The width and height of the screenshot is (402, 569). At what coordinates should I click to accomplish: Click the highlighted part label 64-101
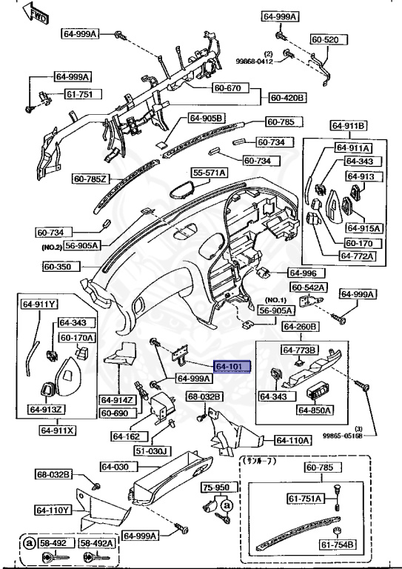click(x=232, y=367)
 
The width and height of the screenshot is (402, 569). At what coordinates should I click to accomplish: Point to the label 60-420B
click(x=288, y=97)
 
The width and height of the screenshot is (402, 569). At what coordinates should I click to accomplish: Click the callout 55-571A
click(x=210, y=173)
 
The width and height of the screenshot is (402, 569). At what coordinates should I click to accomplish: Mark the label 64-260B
click(x=300, y=327)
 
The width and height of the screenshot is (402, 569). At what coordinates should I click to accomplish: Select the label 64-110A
click(x=293, y=440)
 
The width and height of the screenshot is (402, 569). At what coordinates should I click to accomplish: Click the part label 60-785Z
click(x=91, y=179)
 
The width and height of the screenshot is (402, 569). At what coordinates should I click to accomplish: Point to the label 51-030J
click(x=153, y=450)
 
